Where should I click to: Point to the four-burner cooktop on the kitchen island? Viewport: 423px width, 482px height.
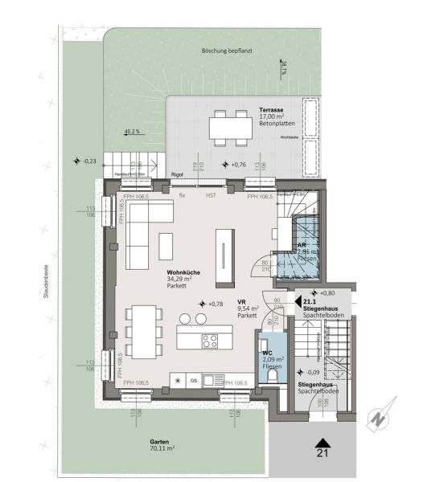208,340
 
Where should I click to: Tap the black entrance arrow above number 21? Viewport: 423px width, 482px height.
323,441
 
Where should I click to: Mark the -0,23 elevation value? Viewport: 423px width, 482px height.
88,161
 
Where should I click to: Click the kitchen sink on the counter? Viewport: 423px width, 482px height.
211,379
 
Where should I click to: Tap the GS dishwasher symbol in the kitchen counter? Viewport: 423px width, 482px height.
193,379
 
